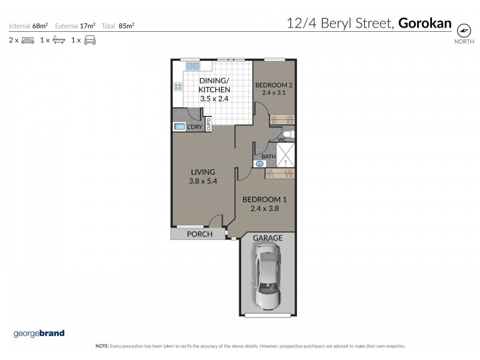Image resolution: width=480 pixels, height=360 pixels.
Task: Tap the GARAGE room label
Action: click(268, 238)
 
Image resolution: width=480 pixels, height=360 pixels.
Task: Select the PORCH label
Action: click(199, 234)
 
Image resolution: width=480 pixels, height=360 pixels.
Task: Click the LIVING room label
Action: click(202, 172)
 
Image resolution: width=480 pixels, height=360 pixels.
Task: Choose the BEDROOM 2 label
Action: click(273, 85)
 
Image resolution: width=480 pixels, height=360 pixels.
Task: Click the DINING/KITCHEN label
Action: click(214, 85)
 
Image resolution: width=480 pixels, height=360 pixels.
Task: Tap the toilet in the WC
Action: click(288, 133)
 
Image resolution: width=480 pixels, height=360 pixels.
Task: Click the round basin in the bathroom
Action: click(260, 163)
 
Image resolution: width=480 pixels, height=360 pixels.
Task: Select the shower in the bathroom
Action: click(286, 154)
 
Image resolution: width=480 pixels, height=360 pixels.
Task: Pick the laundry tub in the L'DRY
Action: click(179, 127)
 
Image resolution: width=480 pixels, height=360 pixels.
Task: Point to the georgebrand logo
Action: click(38, 334)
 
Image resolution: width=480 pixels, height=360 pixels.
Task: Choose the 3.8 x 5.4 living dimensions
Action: click(202, 181)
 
